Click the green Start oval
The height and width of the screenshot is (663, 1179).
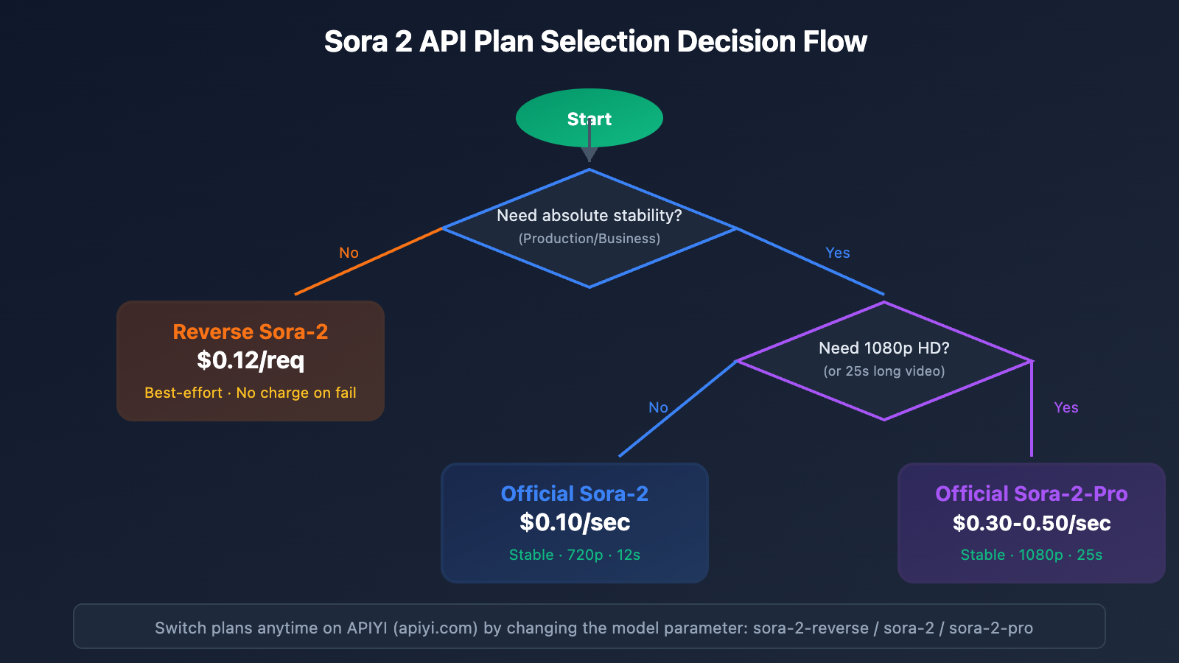[560, 118]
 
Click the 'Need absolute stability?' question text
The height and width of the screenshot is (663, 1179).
[589, 215]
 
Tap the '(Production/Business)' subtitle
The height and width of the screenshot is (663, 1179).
[589, 239]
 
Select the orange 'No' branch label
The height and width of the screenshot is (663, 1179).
[349, 253]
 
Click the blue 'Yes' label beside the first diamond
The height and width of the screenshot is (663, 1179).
[838, 253]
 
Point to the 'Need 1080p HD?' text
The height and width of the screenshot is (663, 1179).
[884, 348]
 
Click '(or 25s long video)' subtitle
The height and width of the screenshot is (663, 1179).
[884, 371]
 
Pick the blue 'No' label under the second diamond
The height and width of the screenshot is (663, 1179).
[658, 407]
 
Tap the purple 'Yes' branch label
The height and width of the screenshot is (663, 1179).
[1066, 407]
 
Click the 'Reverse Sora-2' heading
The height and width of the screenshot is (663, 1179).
[251, 331]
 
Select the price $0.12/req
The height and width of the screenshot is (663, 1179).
[251, 360]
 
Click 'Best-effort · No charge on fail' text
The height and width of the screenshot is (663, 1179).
[251, 393]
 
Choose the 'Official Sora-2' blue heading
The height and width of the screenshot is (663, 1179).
[575, 494]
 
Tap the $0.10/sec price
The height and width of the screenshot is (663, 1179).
[575, 522]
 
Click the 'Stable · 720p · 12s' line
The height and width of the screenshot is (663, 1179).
[575, 555]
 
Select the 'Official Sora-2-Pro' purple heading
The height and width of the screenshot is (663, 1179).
[1032, 494]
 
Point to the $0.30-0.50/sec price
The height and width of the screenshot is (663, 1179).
[1032, 523]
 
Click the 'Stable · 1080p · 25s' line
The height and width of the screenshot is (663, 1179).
[1032, 555]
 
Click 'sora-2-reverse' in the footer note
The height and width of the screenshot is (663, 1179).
[811, 628]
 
